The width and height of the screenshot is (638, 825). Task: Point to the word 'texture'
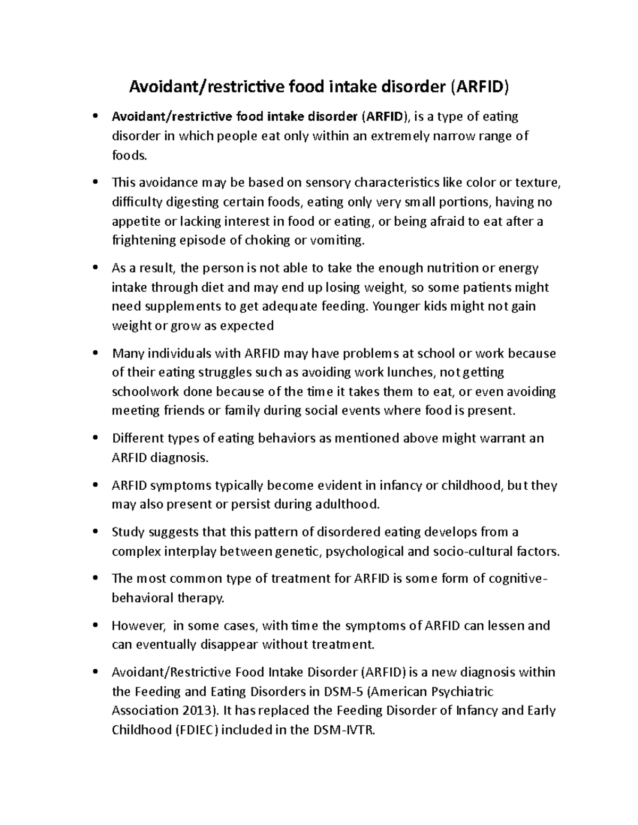tap(537, 183)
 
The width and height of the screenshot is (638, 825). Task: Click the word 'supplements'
tap(176, 307)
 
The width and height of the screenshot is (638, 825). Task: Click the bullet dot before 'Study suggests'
tap(95, 532)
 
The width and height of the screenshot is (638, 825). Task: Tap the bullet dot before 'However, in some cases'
tap(95, 626)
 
